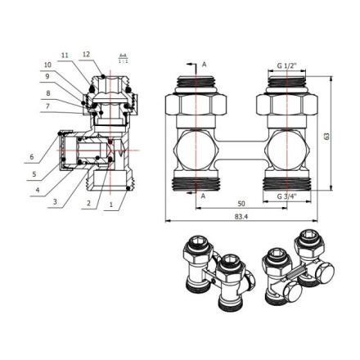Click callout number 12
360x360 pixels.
click(86, 54)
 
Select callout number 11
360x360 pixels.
click(66, 54)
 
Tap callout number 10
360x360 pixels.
click(47, 64)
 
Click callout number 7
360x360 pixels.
click(47, 106)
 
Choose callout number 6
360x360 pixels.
click(32, 157)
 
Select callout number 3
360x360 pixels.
click(56, 201)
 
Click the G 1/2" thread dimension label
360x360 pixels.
click(288, 65)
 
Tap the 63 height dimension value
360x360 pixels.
click(326, 135)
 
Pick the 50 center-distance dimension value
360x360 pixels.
click(241, 204)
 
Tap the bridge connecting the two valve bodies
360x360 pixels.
click(241, 149)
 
